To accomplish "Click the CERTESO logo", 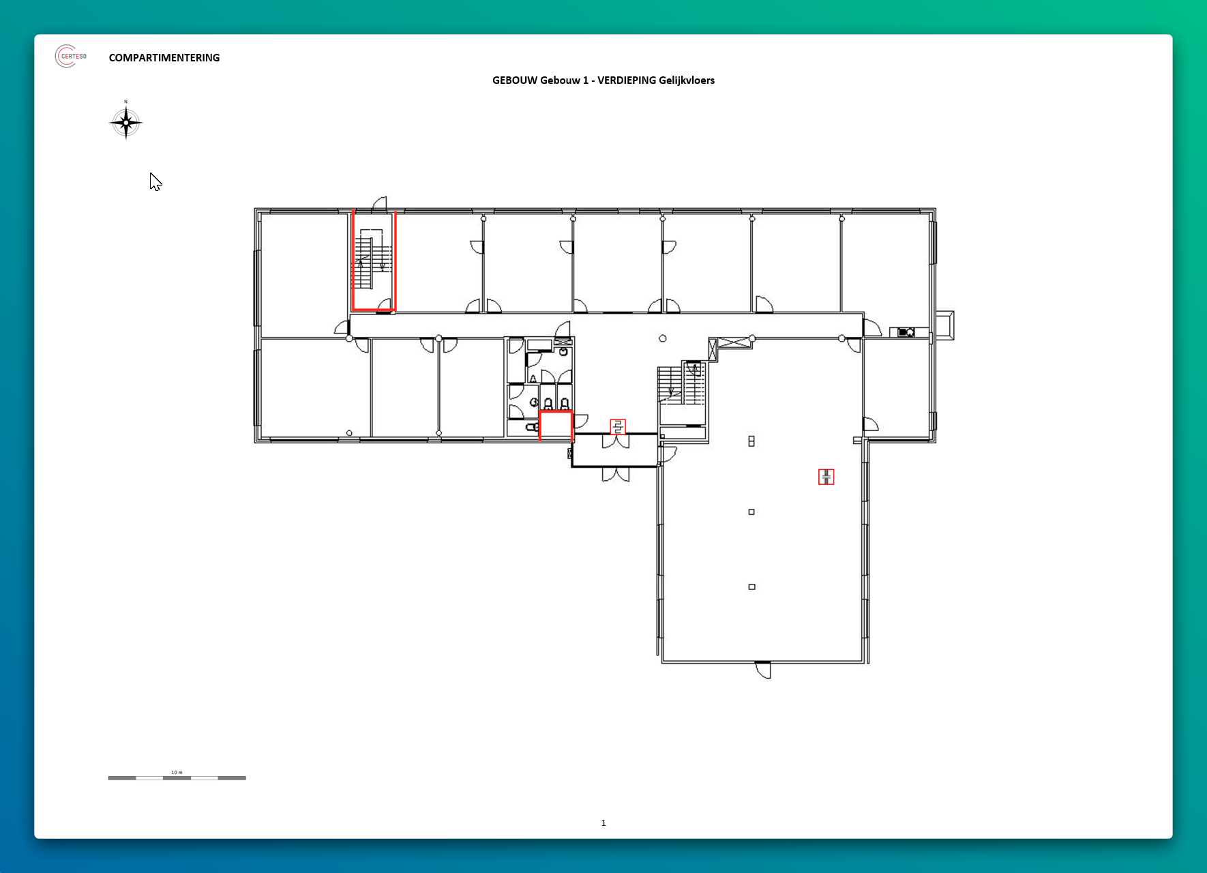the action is (x=71, y=56).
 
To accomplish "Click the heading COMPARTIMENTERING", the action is (x=164, y=58).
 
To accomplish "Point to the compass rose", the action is (x=125, y=122).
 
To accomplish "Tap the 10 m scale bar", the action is (x=177, y=778).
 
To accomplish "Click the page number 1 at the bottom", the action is (x=603, y=823).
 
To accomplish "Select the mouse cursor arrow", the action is (x=155, y=181).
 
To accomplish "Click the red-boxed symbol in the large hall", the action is (x=826, y=477).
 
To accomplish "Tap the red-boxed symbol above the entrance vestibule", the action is (x=618, y=427).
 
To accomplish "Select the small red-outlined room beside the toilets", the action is (x=556, y=426).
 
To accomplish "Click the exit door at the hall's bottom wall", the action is (x=763, y=670).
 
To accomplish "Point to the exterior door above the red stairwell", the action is (x=379, y=203).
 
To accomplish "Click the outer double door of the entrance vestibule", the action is (x=616, y=475).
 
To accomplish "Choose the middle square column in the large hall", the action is (x=751, y=512).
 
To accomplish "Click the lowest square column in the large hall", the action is (x=751, y=587).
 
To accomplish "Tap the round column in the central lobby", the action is (x=663, y=338).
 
